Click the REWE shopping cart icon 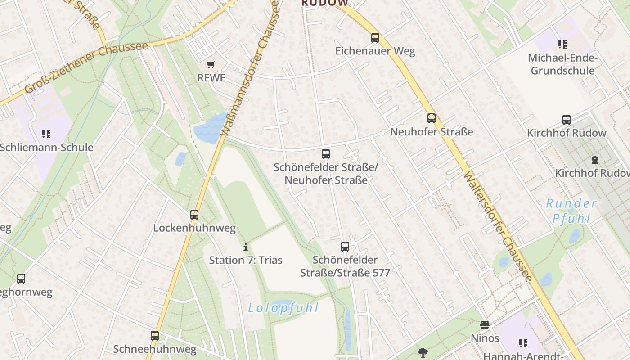(x=211, y=65)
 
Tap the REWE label (x=211, y=78)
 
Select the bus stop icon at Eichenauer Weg (x=375, y=38)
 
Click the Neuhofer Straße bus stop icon (x=431, y=119)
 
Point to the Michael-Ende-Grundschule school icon (x=562, y=45)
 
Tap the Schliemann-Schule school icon (x=46, y=134)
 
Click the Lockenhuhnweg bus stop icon (x=194, y=215)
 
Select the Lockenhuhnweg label (x=194, y=228)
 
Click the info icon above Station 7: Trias (x=246, y=247)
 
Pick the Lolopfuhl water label (x=283, y=308)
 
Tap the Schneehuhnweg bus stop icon (x=155, y=336)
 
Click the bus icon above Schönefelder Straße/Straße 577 (x=345, y=247)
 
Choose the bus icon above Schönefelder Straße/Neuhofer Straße (x=326, y=154)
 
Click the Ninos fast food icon (x=485, y=325)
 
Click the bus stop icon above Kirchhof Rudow (x=567, y=120)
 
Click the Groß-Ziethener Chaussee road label (x=86, y=67)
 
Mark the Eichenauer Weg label (x=375, y=51)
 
